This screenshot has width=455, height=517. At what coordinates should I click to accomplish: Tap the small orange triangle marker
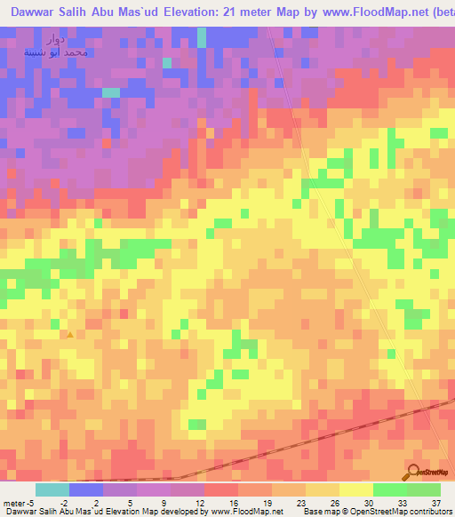coord(70,335)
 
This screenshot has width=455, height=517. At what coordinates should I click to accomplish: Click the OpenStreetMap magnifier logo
coord(414,472)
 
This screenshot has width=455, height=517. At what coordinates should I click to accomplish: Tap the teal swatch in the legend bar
coord(52,489)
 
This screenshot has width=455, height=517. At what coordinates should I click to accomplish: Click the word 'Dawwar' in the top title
coord(36,13)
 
